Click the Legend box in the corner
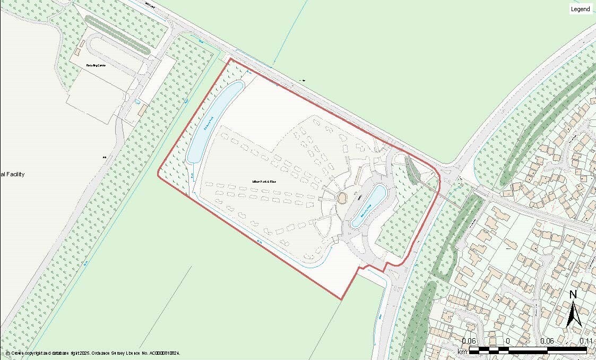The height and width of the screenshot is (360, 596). (580, 9)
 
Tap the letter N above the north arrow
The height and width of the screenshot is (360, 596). (573, 295)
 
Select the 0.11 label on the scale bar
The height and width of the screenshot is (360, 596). (586, 340)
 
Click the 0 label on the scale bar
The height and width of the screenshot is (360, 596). (508, 340)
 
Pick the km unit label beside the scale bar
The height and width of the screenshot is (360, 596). (462, 352)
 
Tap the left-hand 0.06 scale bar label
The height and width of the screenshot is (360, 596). (469, 340)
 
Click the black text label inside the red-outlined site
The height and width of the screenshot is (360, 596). (264, 182)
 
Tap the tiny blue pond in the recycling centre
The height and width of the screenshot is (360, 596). (137, 101)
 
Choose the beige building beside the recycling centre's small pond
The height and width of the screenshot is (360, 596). (142, 110)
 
